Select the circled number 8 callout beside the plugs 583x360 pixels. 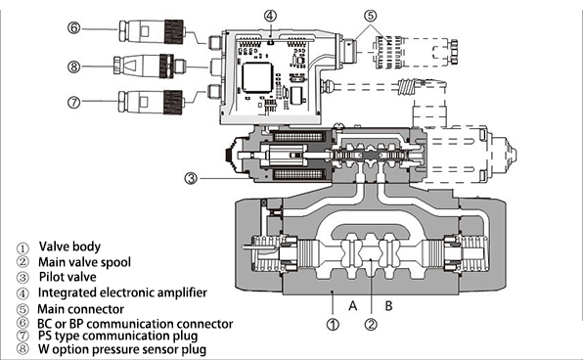(x=73, y=67)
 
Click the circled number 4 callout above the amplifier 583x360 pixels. (x=270, y=16)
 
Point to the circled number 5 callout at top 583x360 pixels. (x=369, y=16)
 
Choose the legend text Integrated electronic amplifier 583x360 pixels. (x=119, y=292)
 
